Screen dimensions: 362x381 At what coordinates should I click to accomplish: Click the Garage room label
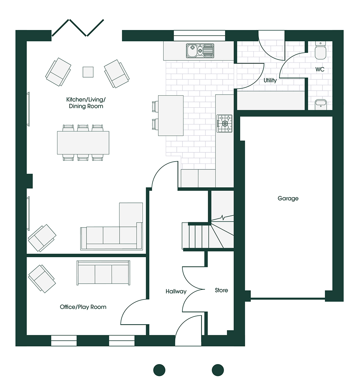coord(288,199)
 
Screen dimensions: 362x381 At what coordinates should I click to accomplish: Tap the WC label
coord(320,69)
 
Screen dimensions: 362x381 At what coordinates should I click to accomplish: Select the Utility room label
coord(270,80)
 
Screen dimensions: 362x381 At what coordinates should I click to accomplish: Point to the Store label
coord(221,290)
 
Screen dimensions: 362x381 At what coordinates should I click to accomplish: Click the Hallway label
coord(176,291)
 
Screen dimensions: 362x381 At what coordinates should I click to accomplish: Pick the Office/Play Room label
coord(83,307)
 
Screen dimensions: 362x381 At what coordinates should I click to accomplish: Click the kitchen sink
coord(200,51)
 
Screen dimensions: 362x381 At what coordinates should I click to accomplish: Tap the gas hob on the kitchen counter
coord(224,123)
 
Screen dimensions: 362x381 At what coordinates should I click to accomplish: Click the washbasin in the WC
coord(321,104)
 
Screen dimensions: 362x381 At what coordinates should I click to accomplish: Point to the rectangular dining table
coord(83,143)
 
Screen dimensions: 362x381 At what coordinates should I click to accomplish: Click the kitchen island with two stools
coord(170,115)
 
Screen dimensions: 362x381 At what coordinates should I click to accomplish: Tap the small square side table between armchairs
coord(88,72)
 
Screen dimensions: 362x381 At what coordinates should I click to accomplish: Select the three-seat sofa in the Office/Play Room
coord(103,273)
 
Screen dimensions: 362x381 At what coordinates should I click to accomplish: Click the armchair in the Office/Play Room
coord(42,279)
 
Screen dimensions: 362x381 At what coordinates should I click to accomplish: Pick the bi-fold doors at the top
coord(78,28)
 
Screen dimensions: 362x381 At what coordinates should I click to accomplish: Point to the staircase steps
coord(208,235)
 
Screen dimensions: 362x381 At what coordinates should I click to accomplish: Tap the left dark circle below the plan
coord(159,370)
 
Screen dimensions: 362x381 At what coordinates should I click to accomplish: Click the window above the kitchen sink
coord(199,36)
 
